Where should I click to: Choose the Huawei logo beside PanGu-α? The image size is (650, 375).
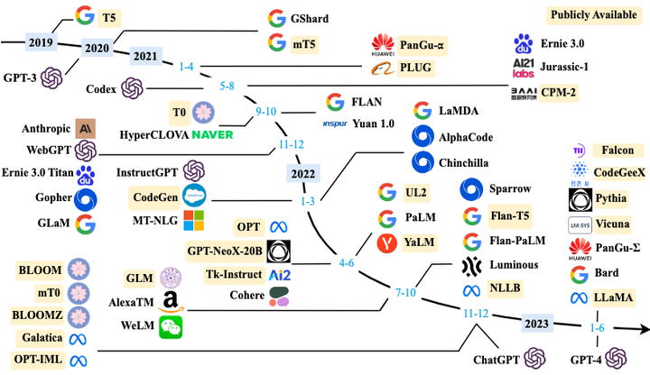[383, 43]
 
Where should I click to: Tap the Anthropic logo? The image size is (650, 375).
[87, 128]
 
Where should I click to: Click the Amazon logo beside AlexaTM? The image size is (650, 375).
[170, 304]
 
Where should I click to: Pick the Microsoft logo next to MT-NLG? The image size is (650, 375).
[194, 220]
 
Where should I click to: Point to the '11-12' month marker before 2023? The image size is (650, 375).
[476, 313]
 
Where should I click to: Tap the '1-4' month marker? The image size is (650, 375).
[187, 65]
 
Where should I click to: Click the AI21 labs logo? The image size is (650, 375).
[524, 67]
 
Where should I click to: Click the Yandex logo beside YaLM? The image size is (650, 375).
[387, 242]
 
